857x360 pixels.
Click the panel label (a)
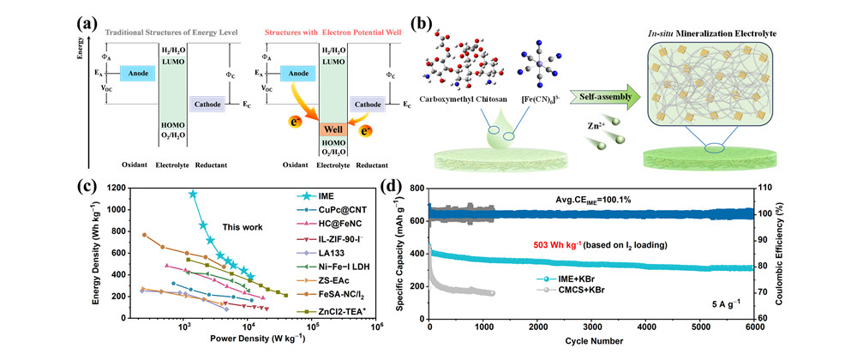point(89,15)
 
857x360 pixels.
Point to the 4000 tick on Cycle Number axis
point(646,328)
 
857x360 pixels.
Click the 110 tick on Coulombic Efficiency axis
point(764,187)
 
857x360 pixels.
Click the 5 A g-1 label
point(728,301)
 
